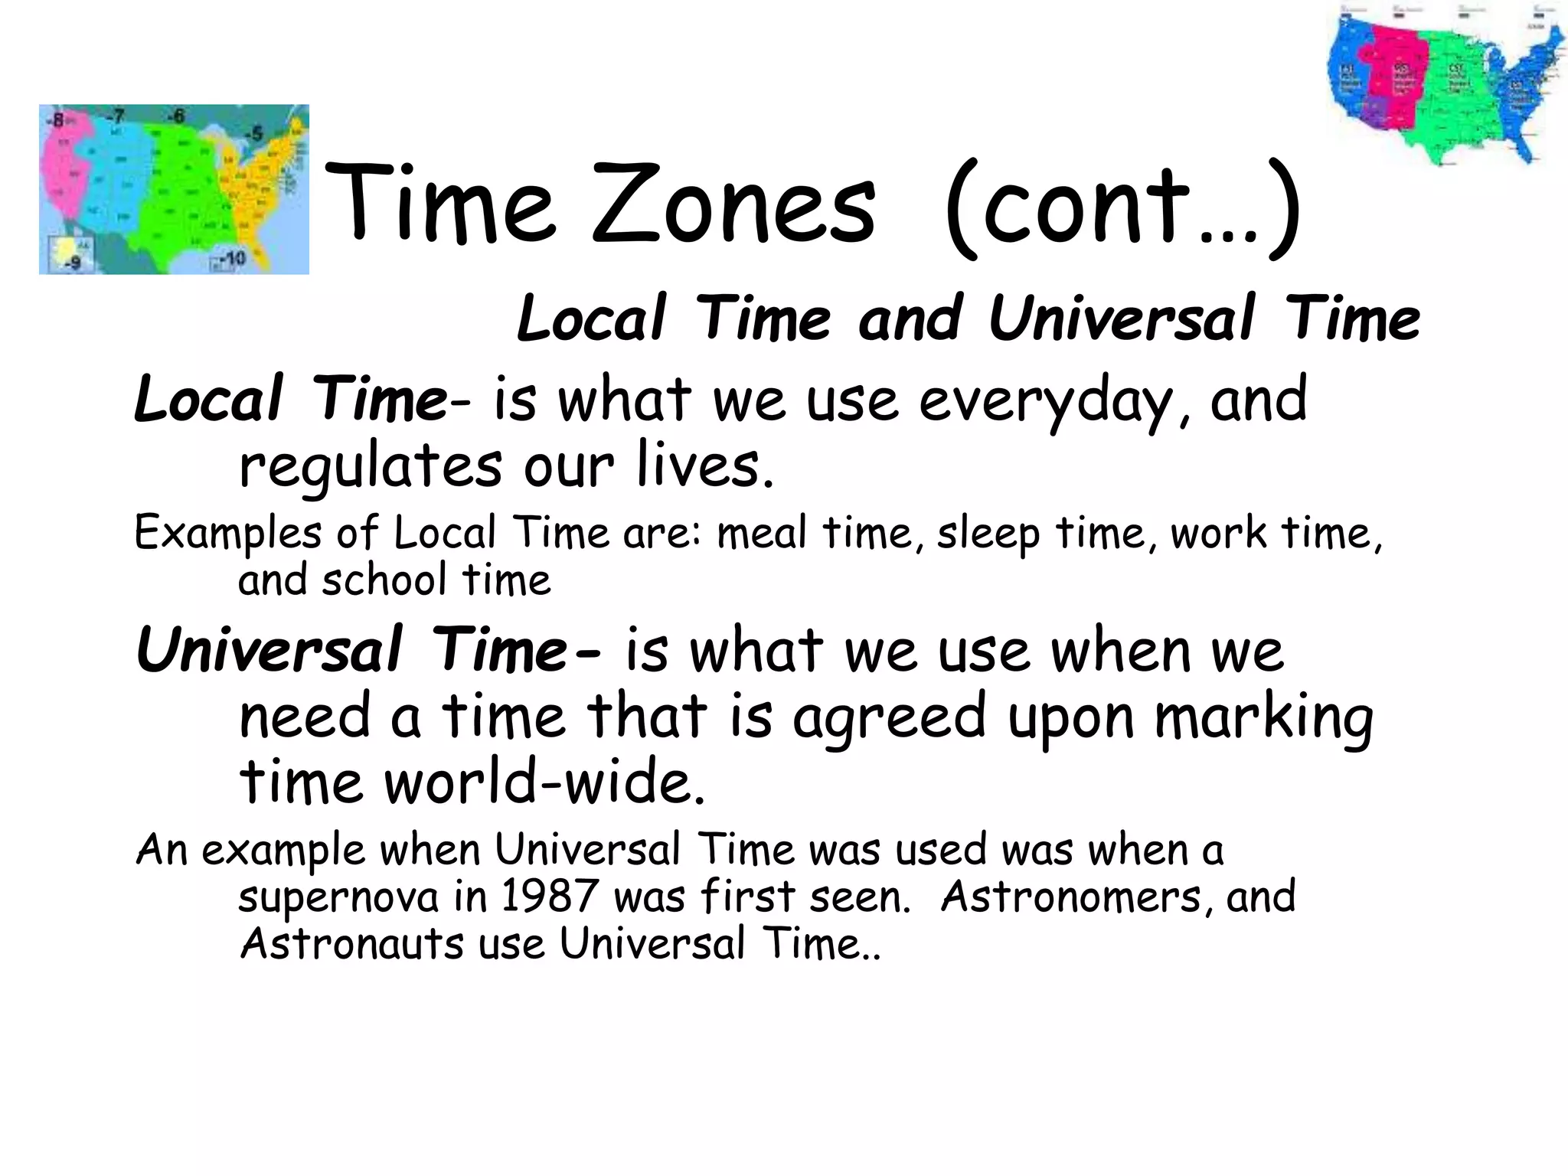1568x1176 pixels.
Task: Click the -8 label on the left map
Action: pos(56,119)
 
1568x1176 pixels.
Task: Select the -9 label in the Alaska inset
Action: pos(74,263)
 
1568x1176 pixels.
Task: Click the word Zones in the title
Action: pos(733,205)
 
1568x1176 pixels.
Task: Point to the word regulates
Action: pos(371,467)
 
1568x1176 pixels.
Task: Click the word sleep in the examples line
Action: pos(988,534)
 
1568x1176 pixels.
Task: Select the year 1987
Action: pos(549,897)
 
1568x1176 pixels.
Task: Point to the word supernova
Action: pos(338,898)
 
